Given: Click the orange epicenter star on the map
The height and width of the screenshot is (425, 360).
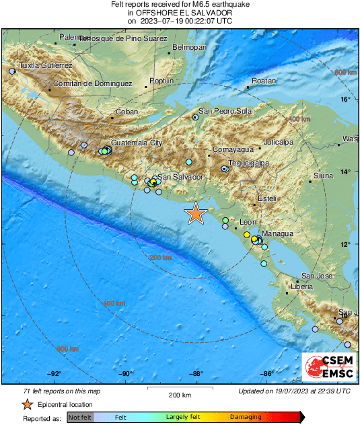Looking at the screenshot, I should coord(196,213).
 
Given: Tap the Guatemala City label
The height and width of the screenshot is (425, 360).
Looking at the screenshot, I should coord(137,143).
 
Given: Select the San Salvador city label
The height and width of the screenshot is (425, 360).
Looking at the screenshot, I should coord(180,177).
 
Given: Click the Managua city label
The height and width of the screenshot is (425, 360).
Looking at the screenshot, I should coord(277,233).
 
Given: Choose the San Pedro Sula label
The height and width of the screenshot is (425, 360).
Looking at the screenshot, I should coord(224,111).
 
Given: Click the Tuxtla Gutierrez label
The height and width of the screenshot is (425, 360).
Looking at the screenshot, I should coord(45,65).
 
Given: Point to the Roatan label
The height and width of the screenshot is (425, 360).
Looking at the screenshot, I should coord(264,81).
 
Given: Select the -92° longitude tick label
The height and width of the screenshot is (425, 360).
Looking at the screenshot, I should coord(55,375).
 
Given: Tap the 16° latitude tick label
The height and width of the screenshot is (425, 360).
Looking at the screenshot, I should coord(345,100).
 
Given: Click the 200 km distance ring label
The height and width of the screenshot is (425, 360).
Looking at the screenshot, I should coord(160,258).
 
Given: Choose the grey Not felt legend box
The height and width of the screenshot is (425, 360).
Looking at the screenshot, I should coord(80,418).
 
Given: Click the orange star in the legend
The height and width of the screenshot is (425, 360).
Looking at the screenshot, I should coord(26,404).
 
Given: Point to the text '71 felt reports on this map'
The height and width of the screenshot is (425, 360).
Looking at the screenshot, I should coord(62,391).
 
